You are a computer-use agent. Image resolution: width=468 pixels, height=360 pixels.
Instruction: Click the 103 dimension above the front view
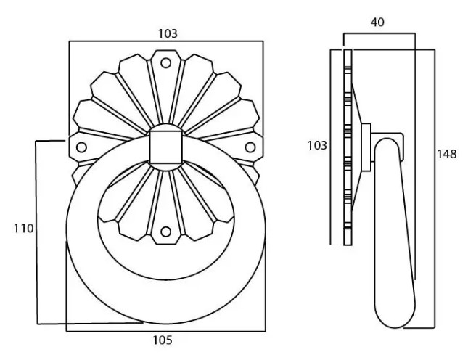pos(167,33)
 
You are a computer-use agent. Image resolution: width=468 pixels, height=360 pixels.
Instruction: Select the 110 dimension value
pos(23,229)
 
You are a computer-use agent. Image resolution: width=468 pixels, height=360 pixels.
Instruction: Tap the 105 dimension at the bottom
pos(163,340)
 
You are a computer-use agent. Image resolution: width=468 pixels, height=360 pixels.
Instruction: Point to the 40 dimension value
pos(377,22)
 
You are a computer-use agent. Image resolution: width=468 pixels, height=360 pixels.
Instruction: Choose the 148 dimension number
pos(447,154)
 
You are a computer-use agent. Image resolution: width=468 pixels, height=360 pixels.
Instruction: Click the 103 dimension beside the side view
pos(317,145)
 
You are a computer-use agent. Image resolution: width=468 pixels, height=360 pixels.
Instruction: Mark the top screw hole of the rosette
pos(166,63)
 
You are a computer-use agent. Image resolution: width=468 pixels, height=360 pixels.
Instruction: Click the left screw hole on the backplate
pos(81,147)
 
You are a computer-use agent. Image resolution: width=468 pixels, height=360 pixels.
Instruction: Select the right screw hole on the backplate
pos(250,147)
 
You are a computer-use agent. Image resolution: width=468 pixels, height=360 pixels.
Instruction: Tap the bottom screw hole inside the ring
pos(166,232)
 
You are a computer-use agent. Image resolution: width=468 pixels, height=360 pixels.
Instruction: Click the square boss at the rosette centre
pos(165,146)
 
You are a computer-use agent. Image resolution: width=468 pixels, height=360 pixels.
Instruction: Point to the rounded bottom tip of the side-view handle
pos(395,319)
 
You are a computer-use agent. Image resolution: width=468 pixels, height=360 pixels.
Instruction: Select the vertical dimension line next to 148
pos(434,189)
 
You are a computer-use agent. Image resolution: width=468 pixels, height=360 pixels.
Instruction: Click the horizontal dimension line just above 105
pos(165,332)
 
